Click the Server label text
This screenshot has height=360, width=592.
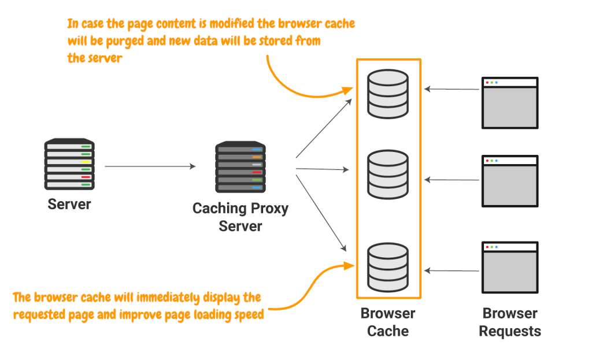(69, 204)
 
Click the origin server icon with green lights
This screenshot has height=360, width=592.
(69, 164)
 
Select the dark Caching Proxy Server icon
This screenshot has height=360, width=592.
(240, 166)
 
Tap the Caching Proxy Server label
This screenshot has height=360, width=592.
(240, 217)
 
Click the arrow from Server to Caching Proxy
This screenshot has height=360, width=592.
(150, 166)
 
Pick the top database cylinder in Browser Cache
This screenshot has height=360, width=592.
(388, 92)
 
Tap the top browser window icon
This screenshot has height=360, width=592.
(510, 103)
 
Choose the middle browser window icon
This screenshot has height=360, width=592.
(510, 181)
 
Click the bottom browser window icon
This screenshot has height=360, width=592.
(510, 268)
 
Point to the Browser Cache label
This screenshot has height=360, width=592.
(388, 322)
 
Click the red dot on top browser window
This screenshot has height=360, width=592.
(487, 83)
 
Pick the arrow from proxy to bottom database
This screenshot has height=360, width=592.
(321, 211)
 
